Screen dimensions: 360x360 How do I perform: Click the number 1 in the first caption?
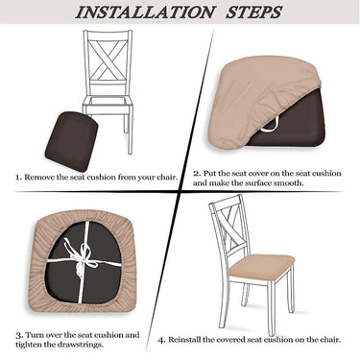[x=16, y=177]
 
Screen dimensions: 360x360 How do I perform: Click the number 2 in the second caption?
[x=196, y=173]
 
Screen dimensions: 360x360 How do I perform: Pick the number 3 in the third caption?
[x=17, y=335]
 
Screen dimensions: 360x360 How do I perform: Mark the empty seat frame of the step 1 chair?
[x=108, y=104]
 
